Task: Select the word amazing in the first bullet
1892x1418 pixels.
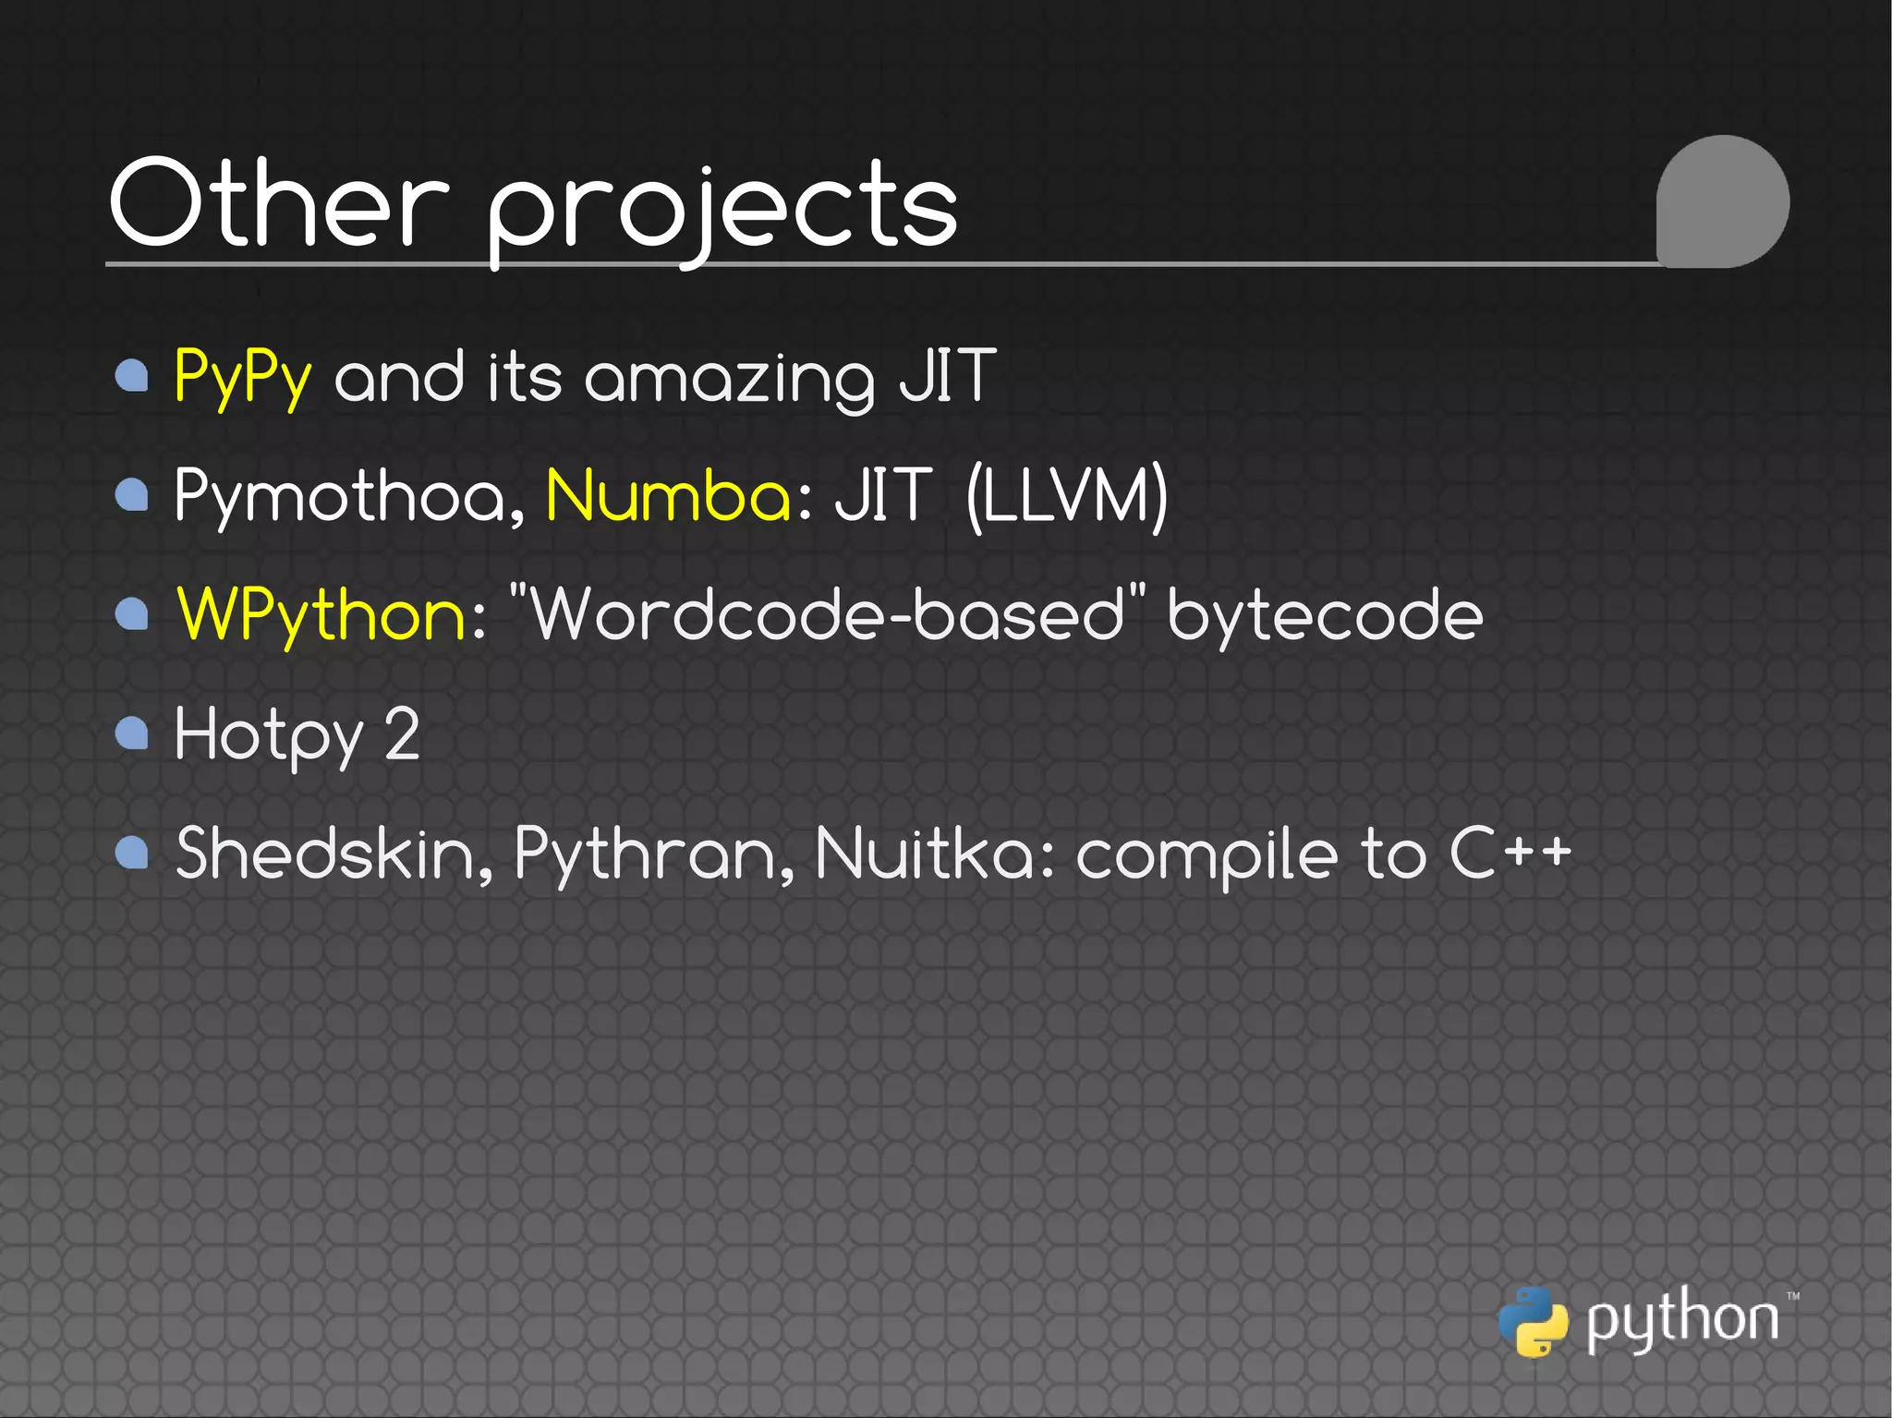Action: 729,379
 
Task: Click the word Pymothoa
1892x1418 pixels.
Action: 350,497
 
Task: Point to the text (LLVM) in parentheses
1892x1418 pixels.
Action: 1067,496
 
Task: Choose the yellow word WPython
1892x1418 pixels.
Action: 322,615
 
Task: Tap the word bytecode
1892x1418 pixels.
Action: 1325,615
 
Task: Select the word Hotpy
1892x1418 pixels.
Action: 269,735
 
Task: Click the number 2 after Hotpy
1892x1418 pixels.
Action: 402,734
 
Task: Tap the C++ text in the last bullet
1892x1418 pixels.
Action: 1510,853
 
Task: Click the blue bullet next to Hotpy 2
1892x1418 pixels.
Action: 132,733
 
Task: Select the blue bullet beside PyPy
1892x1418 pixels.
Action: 132,376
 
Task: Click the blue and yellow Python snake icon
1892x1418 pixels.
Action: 1533,1322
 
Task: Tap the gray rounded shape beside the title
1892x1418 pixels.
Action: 1722,201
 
